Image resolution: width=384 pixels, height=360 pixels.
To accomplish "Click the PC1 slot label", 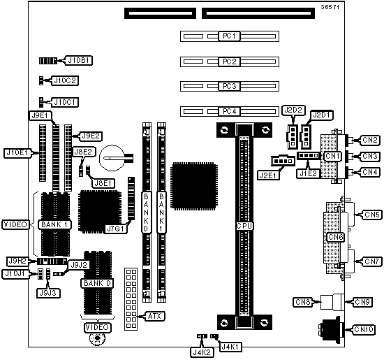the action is (229, 36).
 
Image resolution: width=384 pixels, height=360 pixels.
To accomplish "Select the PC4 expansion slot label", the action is (229, 111).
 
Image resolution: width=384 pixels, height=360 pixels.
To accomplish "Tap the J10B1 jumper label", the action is (79, 60).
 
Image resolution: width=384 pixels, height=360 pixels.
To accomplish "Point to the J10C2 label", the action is (65, 80).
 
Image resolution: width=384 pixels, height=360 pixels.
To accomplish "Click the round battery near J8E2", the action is (112, 158).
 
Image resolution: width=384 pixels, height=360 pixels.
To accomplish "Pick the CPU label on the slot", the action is (244, 226).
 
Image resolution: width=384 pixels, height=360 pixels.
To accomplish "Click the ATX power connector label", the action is (154, 316).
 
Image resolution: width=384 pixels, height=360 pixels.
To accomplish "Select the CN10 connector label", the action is (364, 329).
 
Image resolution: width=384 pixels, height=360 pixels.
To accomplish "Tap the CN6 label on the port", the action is (336, 237).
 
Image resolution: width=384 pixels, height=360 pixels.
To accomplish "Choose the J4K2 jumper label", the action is (202, 352).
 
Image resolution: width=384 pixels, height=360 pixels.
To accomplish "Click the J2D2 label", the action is (293, 110).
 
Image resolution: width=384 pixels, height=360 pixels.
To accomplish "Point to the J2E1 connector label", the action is (268, 175).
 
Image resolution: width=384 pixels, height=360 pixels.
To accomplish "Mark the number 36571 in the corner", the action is (330, 7).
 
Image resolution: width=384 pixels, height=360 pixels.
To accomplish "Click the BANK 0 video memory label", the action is (97, 283).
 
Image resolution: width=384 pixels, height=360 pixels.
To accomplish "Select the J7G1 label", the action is (116, 229).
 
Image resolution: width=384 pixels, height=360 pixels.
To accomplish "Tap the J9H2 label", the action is (17, 261).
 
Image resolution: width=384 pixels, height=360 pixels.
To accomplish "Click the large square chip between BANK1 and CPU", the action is (194, 186).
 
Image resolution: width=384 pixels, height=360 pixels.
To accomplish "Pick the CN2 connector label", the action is (370, 140).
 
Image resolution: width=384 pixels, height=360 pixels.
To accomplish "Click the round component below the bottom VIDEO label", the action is (97, 338).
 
